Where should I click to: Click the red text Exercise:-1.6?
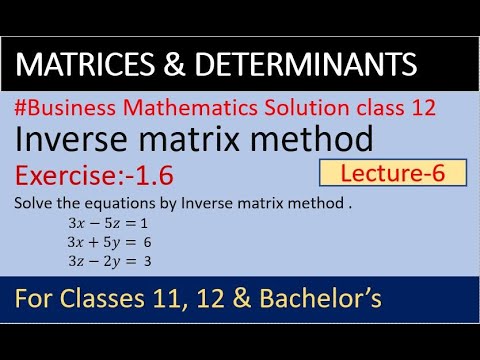point(96,177)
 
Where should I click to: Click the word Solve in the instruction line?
point(32,202)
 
